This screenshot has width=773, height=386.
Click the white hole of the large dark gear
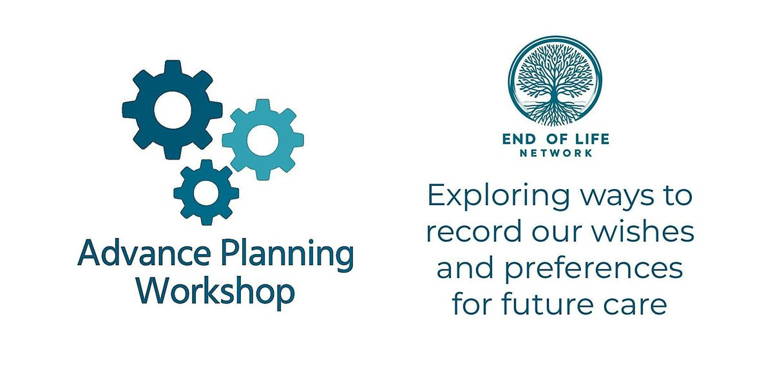(173, 109)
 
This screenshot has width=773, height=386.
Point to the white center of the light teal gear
(263, 140)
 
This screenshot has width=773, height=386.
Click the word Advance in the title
(144, 253)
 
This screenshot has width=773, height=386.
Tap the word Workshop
(216, 292)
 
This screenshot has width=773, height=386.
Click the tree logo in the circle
(555, 82)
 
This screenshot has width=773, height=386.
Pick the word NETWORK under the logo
(556, 153)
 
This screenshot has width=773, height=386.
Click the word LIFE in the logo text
(591, 139)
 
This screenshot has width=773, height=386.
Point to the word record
(474, 231)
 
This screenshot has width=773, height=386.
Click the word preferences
(593, 270)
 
